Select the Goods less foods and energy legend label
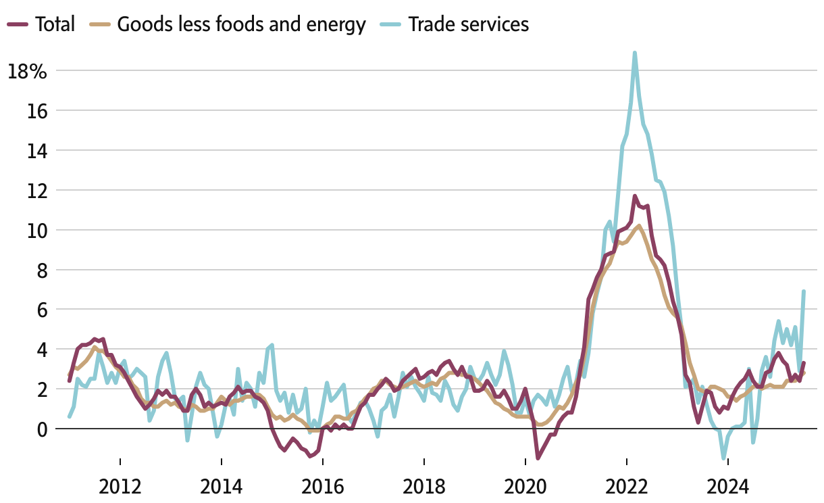click(x=241, y=24)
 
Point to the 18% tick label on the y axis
click(x=27, y=71)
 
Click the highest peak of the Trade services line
click(x=635, y=52)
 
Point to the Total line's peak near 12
click(x=635, y=196)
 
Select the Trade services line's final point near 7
click(x=804, y=291)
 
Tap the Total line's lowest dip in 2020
click(x=538, y=458)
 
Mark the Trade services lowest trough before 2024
click(x=723, y=458)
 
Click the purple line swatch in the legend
click(x=18, y=24)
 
